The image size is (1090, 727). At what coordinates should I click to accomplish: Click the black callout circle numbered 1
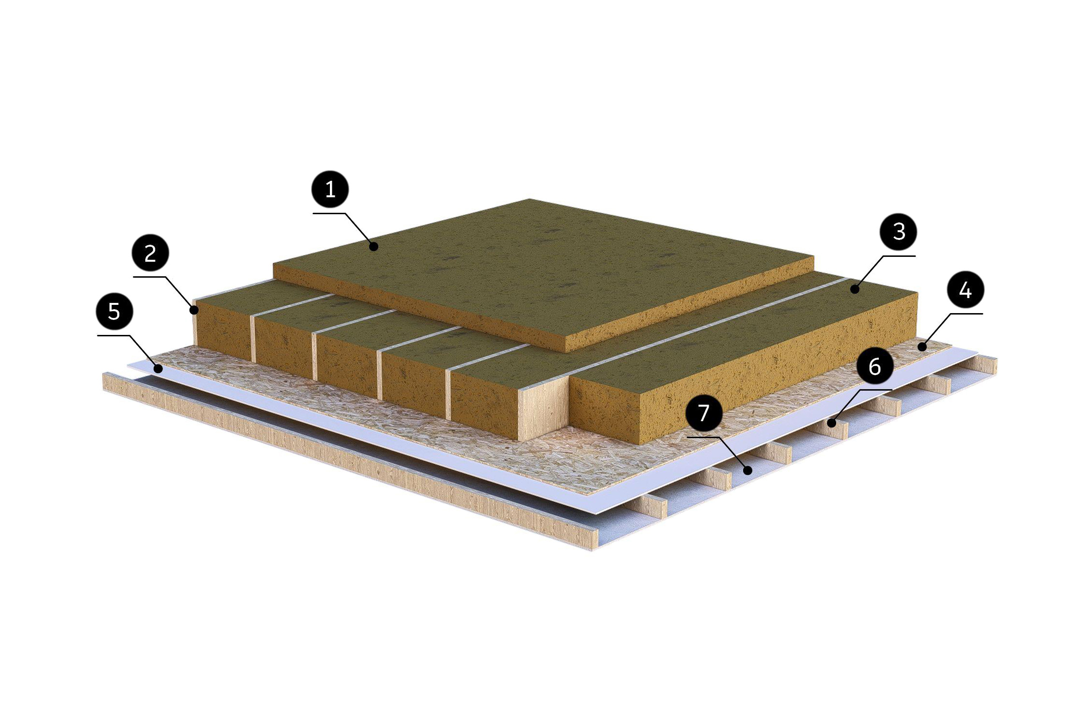[330, 189]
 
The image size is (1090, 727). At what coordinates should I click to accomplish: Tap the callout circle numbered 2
[150, 253]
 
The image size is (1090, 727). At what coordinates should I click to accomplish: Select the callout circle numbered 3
[899, 232]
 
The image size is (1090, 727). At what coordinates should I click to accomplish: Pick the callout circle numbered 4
[965, 290]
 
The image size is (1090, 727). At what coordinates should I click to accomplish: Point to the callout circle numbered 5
[114, 311]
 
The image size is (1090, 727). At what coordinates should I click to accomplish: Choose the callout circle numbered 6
[874, 366]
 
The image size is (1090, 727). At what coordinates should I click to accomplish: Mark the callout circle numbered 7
[703, 412]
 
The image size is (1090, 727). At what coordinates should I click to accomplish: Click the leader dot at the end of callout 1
[373, 247]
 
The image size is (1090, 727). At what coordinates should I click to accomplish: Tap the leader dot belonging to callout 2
[194, 309]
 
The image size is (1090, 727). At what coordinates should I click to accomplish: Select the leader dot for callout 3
[855, 289]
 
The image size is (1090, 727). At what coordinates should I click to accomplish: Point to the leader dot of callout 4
[922, 347]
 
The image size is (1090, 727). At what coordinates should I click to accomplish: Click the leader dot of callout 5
[158, 369]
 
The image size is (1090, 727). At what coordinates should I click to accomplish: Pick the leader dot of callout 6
[831, 423]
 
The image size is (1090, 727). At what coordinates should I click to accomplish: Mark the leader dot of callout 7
[748, 470]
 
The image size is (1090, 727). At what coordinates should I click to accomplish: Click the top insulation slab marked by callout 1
[543, 271]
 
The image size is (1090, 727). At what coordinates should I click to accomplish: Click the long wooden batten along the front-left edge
[349, 463]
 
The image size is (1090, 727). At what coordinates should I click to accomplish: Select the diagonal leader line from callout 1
[358, 230]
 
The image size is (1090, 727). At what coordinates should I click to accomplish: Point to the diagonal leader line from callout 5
[144, 352]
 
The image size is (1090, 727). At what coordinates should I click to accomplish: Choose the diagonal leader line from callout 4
[936, 331]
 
